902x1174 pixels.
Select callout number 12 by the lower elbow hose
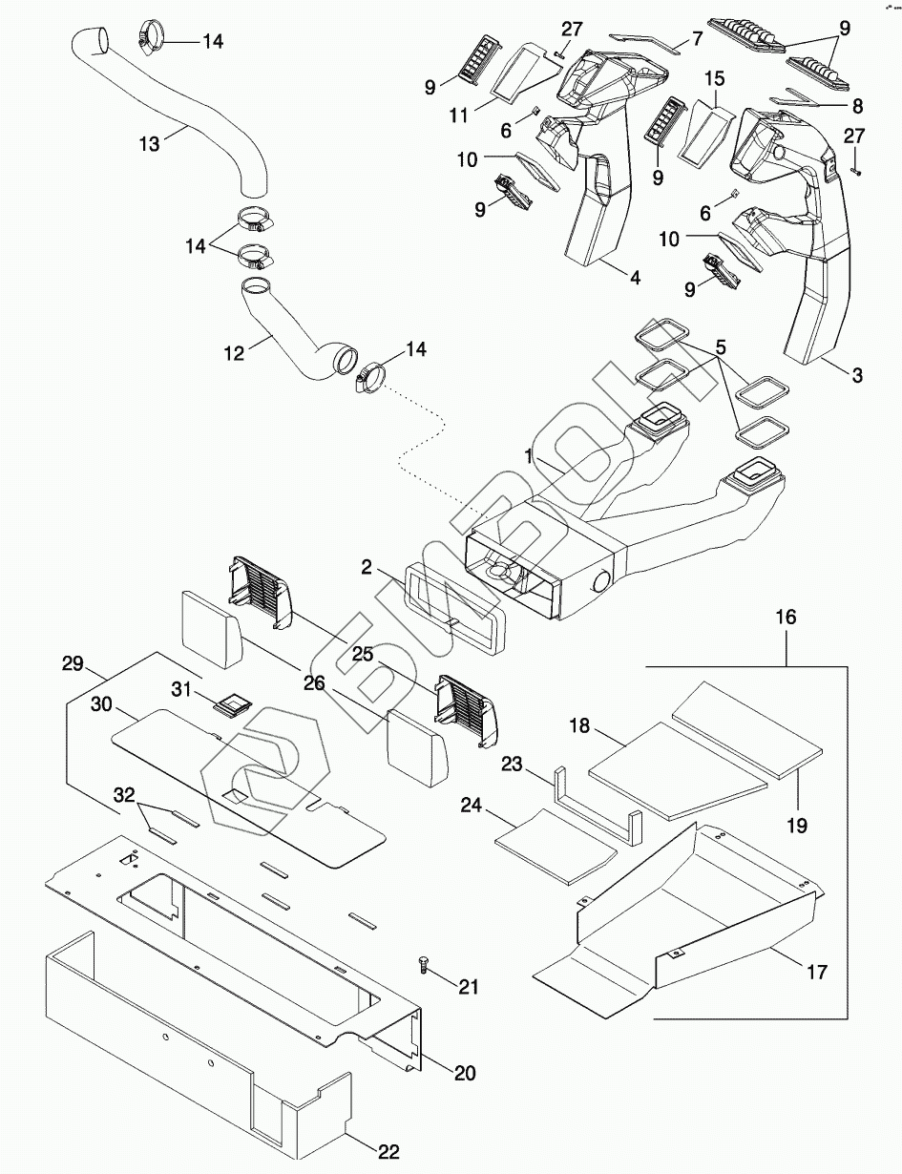[x=233, y=352]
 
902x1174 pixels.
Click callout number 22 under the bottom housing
[x=388, y=1151]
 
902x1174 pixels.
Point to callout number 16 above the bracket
[x=786, y=618]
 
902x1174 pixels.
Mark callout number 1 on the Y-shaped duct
[x=528, y=457]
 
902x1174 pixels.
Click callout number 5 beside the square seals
[x=721, y=346]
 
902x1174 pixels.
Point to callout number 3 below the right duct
[x=856, y=375]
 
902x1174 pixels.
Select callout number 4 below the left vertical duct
[x=634, y=278]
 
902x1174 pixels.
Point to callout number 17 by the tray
[x=816, y=972]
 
